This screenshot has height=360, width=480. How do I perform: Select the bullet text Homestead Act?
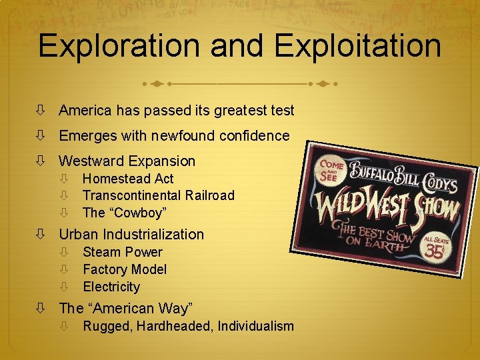coord(128,179)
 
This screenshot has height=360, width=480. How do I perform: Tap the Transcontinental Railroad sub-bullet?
coord(159,195)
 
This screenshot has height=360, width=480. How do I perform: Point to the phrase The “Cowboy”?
coord(125,213)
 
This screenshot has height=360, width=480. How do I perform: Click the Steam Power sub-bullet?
coord(123,252)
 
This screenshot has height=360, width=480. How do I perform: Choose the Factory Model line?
coord(125,269)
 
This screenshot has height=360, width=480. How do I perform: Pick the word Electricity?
coord(111,287)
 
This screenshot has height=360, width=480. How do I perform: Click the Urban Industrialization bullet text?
coord(131,234)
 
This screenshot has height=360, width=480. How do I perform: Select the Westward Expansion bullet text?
coord(127,161)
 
